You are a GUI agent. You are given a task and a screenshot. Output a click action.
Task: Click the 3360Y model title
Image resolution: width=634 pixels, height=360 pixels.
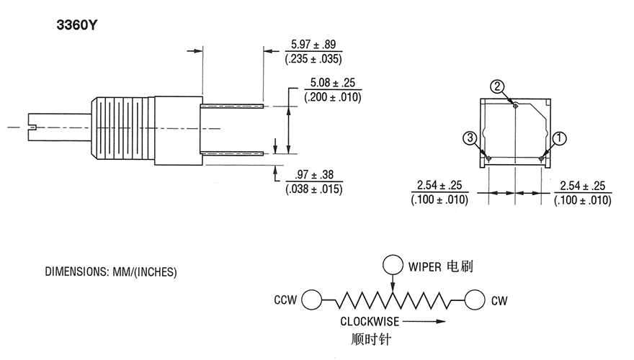(77, 25)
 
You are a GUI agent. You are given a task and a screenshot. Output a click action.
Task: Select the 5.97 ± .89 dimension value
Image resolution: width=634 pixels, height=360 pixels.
(313, 45)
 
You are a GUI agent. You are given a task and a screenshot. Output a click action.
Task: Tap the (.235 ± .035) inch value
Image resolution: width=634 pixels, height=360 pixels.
(313, 59)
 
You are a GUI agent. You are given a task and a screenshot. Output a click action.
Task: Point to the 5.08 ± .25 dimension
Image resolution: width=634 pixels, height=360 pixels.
(332, 83)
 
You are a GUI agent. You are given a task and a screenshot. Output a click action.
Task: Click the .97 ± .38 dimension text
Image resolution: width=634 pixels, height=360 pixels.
(314, 174)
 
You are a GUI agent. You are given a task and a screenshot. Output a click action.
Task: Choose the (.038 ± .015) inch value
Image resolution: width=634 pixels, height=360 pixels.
(314, 189)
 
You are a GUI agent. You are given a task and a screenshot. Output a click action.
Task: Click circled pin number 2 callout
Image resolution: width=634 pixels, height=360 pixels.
(497, 86)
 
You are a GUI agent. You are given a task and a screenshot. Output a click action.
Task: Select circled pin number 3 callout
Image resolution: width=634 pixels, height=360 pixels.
(470, 138)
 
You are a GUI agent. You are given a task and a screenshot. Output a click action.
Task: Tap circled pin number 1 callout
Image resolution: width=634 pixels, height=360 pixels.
(560, 138)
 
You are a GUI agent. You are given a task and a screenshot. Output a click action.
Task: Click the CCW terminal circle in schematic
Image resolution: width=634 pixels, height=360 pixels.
(312, 300)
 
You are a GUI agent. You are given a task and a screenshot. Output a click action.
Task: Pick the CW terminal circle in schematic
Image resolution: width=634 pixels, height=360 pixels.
(475, 300)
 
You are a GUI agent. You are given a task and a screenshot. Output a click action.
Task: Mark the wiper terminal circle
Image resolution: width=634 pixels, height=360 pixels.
(393, 265)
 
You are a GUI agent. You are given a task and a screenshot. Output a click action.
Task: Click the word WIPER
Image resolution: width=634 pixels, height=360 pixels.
(424, 266)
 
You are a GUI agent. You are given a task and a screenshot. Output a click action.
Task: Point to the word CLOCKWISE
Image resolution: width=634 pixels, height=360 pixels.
(370, 322)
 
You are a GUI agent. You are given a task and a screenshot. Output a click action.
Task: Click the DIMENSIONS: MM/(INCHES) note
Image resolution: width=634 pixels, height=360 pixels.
(111, 272)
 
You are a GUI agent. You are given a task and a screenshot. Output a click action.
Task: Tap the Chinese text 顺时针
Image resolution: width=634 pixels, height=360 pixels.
(371, 339)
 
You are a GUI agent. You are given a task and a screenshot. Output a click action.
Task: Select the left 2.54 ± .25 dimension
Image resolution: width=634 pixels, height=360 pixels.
(439, 186)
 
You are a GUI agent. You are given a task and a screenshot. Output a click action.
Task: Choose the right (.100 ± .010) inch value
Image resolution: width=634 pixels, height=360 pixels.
(583, 200)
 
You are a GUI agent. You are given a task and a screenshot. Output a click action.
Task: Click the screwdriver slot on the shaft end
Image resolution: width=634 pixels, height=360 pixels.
(32, 127)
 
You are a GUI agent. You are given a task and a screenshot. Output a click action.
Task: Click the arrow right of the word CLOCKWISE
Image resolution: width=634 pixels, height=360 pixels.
(424, 322)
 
